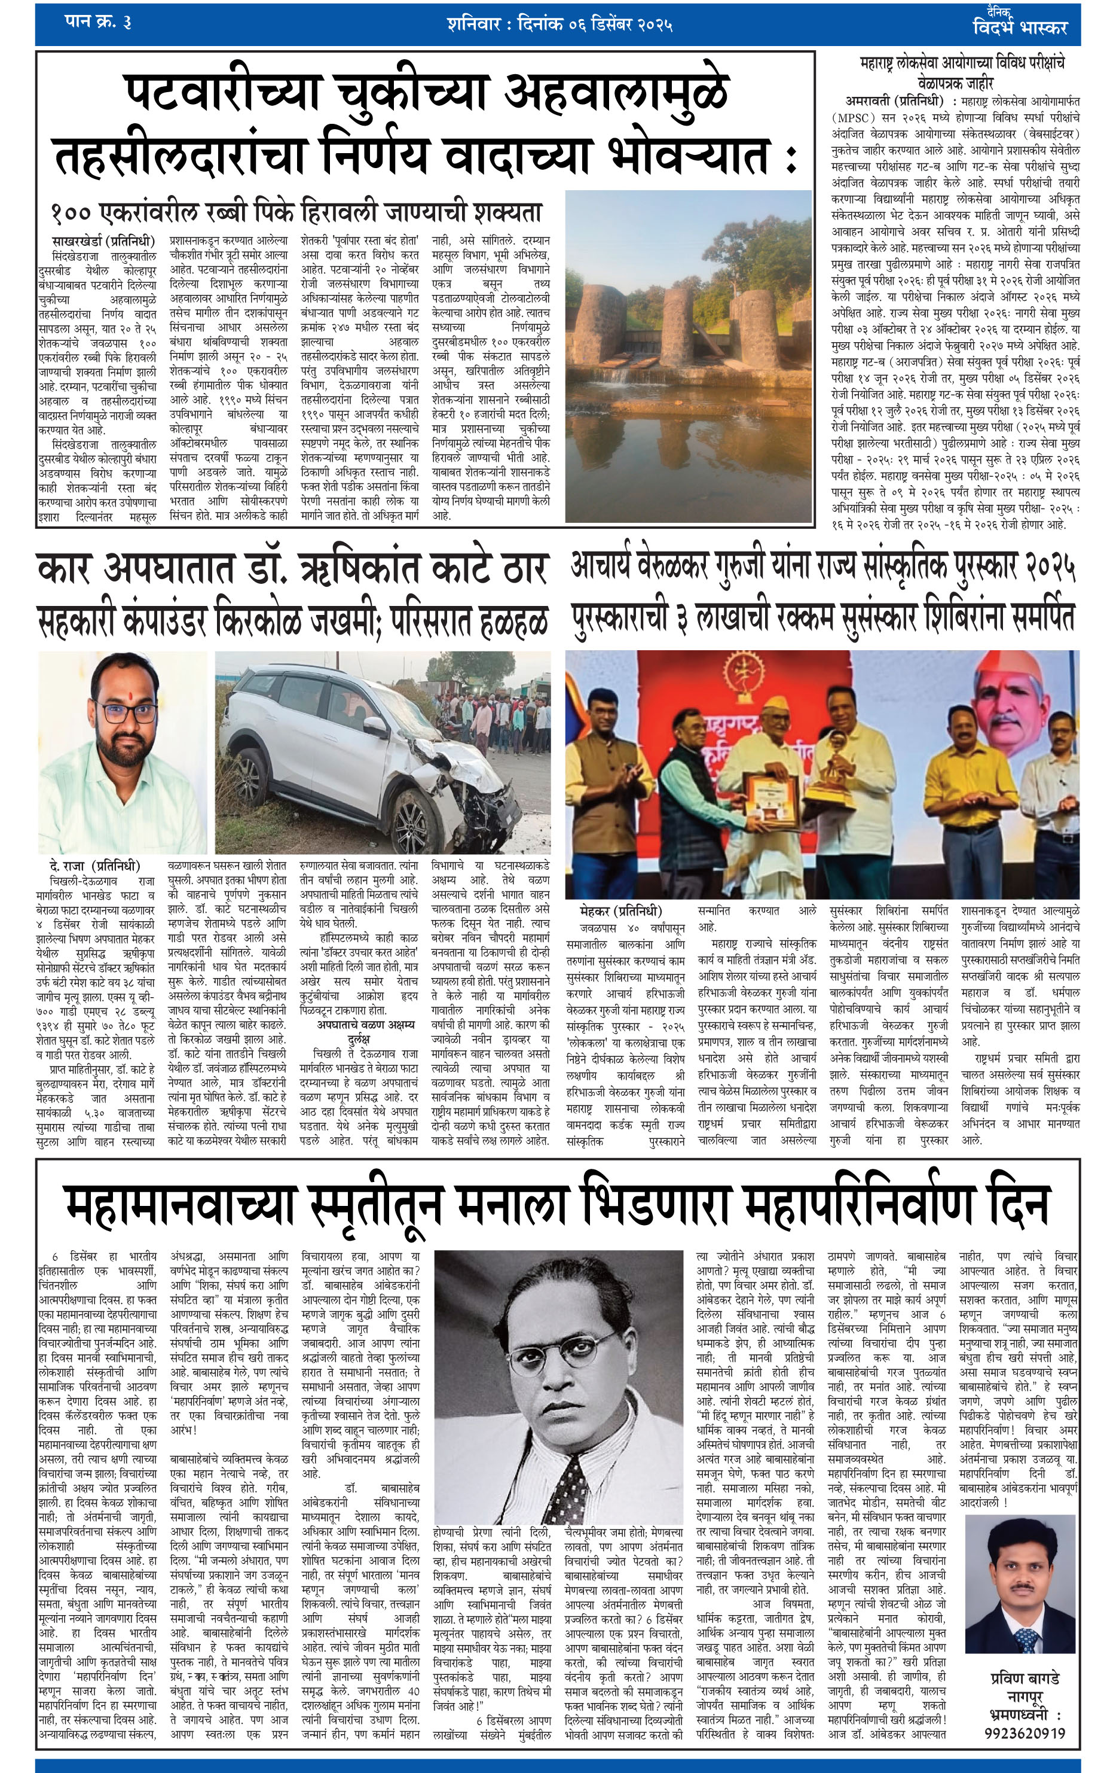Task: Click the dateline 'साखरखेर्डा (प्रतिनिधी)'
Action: coord(103,240)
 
